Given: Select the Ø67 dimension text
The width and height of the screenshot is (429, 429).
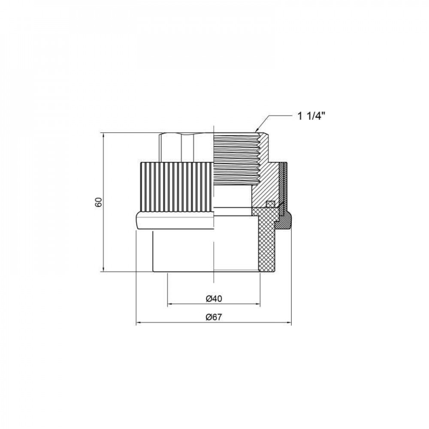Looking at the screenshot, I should point(213,317).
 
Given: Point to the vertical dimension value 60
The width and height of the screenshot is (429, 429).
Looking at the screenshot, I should point(98,202).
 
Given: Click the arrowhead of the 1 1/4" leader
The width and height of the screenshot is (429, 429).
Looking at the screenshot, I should point(257,130).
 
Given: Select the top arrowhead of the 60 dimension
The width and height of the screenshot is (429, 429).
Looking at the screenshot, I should point(103,135).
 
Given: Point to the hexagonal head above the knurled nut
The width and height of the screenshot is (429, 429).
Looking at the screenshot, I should point(184,148).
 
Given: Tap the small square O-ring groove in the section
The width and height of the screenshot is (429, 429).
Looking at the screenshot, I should point(270,204).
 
